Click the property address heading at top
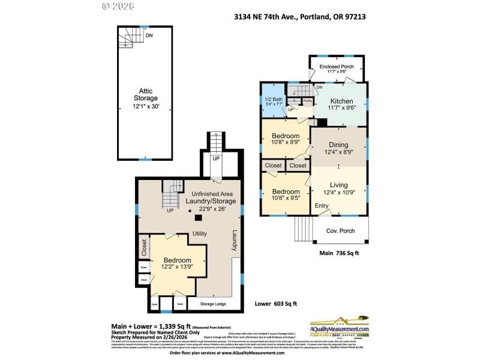[300, 17]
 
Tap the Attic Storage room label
[145, 94]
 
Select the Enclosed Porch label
[336, 66]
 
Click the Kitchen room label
[340, 101]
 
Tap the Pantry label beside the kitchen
[307, 101]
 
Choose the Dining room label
[338, 145]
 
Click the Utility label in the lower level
[200, 233]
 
